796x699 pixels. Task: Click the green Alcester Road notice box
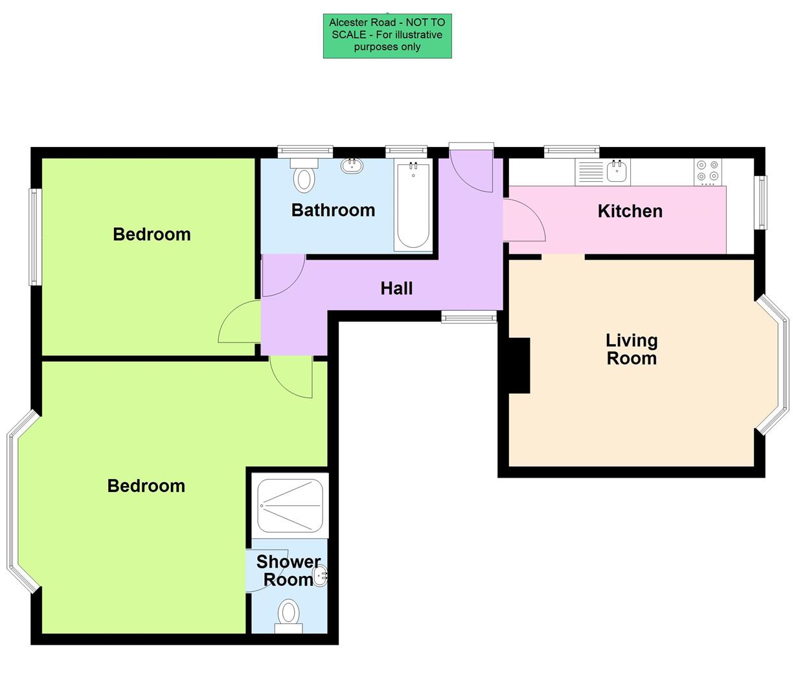click(x=387, y=36)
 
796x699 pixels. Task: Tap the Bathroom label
click(x=333, y=210)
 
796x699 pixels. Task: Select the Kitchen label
click(x=630, y=211)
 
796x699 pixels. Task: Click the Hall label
click(x=396, y=288)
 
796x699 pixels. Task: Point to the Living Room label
click(x=631, y=349)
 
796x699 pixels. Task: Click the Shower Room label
click(x=288, y=570)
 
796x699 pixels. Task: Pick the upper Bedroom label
click(x=152, y=234)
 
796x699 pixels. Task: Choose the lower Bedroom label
click(x=146, y=485)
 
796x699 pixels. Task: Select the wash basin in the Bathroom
click(x=352, y=166)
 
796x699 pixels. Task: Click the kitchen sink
click(x=617, y=172)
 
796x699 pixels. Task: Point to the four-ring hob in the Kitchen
click(x=707, y=171)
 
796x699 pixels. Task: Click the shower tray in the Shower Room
click(x=290, y=504)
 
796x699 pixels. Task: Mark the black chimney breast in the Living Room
click(x=519, y=365)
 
